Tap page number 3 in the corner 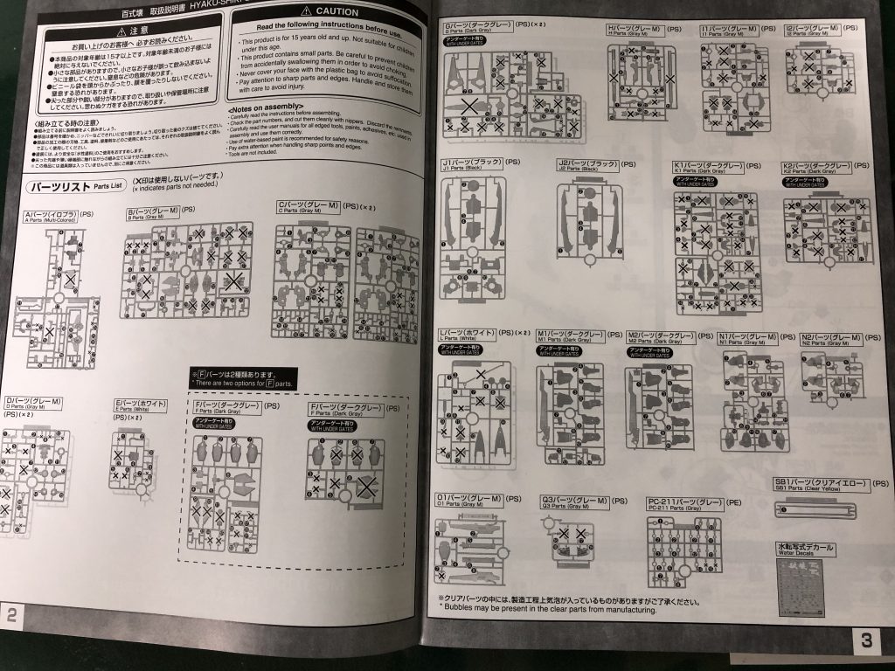pyautogui.click(x=866, y=640)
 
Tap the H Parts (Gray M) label pyautogui.click(x=638, y=29)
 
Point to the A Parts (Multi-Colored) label pyautogui.click(x=52, y=215)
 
